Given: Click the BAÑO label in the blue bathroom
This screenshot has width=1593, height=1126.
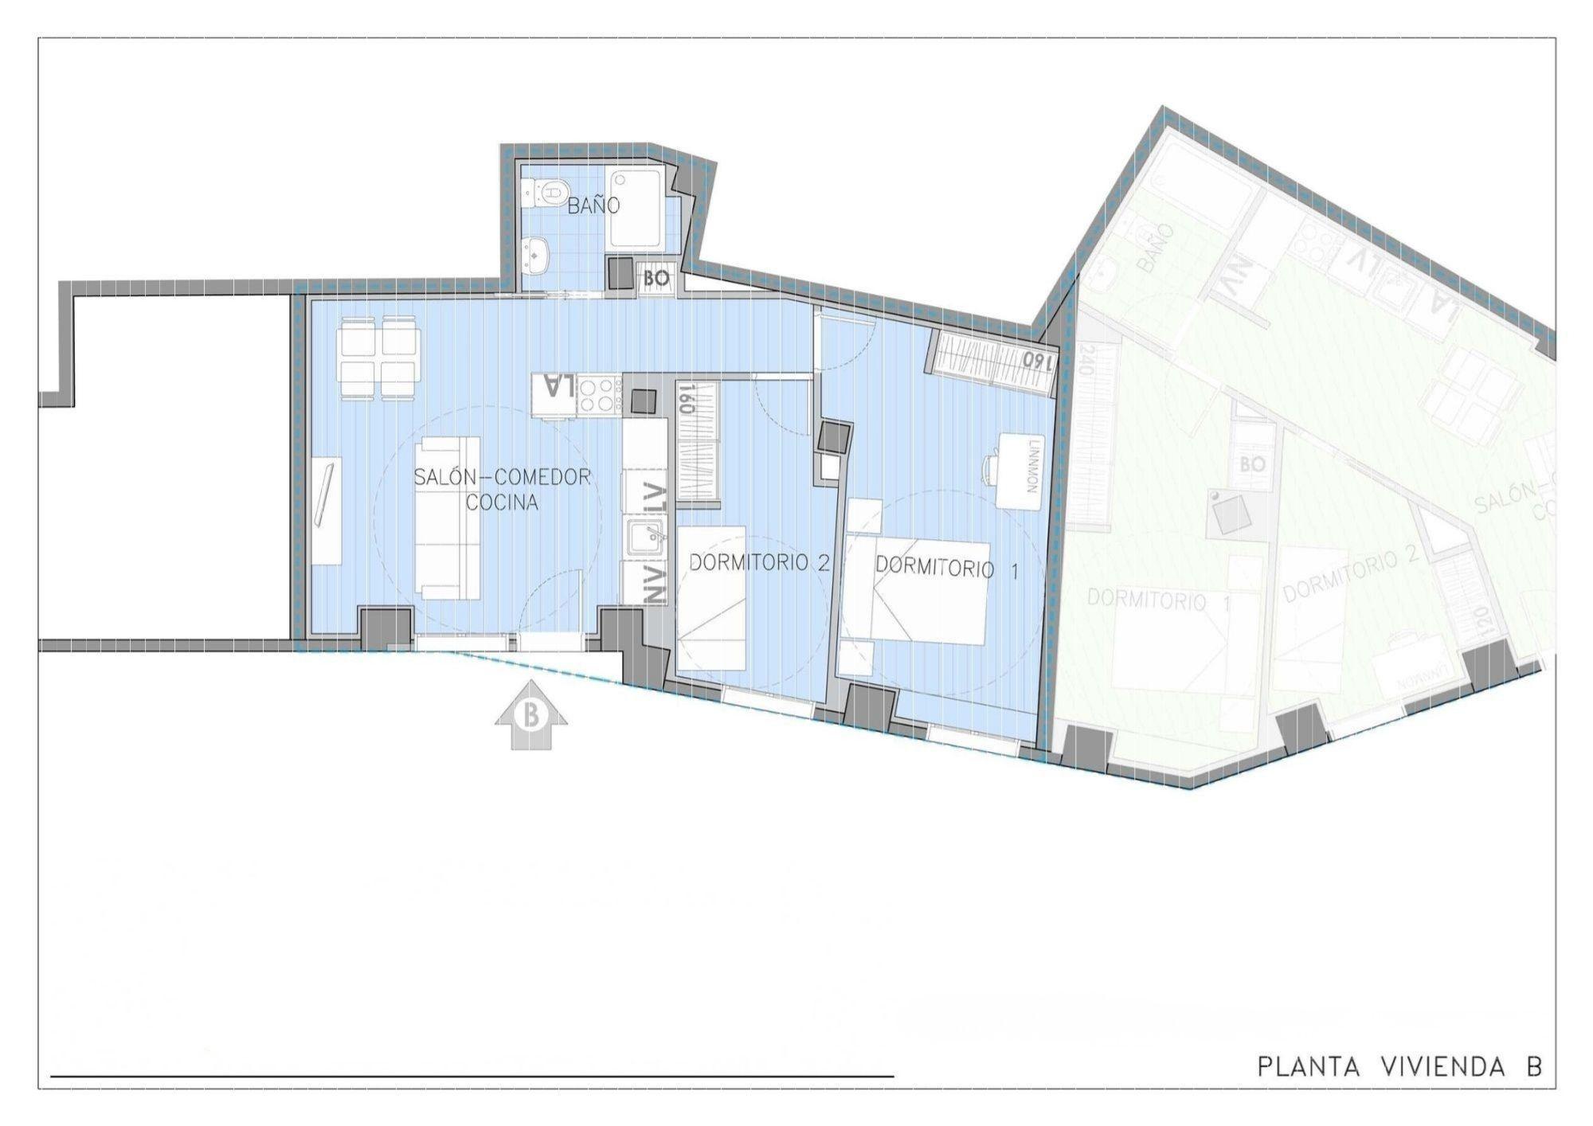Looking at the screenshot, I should [x=593, y=205].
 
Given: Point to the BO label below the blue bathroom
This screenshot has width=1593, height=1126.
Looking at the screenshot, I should [x=657, y=279].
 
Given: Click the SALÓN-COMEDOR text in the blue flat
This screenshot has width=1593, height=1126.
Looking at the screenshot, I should [x=502, y=477].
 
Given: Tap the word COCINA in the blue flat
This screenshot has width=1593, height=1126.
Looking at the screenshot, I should [x=502, y=503].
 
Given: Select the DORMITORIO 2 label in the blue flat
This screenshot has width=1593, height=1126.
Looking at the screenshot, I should [x=759, y=563].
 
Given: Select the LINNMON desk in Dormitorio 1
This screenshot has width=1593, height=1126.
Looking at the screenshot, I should [x=1020, y=471].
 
